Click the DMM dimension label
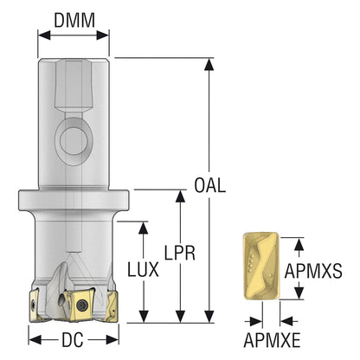tap(74, 20)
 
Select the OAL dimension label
tap(209, 185)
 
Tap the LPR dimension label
tap(180, 253)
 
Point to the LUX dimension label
tap(143, 270)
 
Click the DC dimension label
tap(73, 339)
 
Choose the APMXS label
tap(313, 271)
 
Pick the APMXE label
tap(272, 340)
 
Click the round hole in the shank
tap(74, 140)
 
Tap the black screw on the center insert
tap(82, 305)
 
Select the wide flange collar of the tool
tap(74, 201)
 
